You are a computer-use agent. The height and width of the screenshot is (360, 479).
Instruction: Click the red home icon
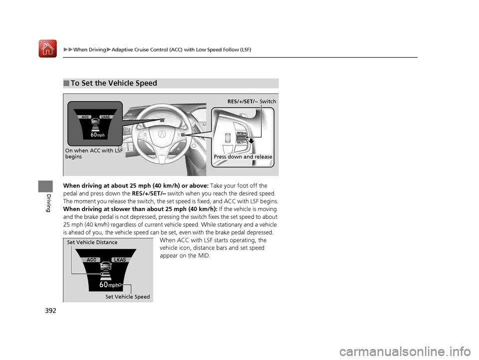pos(48,49)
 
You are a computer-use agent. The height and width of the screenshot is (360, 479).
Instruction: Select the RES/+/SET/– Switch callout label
pos(251,101)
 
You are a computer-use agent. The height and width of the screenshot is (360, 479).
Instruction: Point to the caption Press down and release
pos(243,157)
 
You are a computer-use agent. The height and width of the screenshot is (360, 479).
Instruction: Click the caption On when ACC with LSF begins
pos(94,154)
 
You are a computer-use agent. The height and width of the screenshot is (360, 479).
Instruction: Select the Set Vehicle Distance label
pos(92,242)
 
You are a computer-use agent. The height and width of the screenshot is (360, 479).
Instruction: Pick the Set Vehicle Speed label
pos(127,297)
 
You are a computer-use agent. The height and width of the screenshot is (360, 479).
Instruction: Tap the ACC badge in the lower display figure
pos(91,260)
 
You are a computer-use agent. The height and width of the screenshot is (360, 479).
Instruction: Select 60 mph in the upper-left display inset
pos(97,135)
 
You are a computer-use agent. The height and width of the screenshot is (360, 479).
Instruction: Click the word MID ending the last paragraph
pos(204,256)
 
